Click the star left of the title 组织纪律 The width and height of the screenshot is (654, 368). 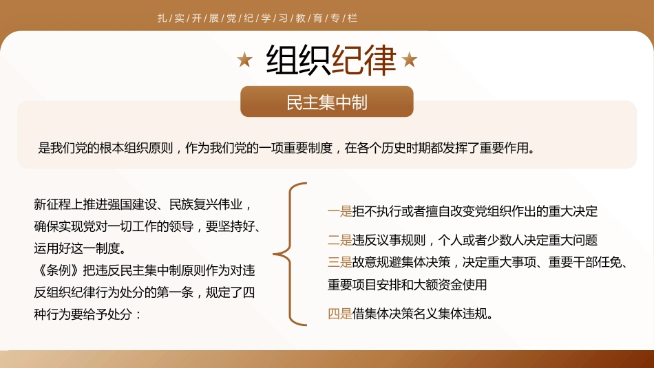tap(244, 61)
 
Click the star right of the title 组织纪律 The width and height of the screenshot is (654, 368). tap(410, 61)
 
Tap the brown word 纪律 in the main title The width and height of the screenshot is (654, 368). tap(364, 61)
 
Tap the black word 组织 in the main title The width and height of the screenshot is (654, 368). tap(299, 61)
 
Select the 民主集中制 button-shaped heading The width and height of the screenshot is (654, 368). tap(327, 102)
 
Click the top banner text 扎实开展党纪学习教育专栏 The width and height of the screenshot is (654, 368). tap(257, 19)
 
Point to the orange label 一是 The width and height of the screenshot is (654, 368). tap(339, 212)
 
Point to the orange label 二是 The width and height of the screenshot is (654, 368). tap(339, 240)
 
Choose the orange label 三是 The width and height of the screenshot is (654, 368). tap(339, 262)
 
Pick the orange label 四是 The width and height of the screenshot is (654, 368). tap(339, 314)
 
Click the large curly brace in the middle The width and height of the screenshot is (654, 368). tap(289, 254)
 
